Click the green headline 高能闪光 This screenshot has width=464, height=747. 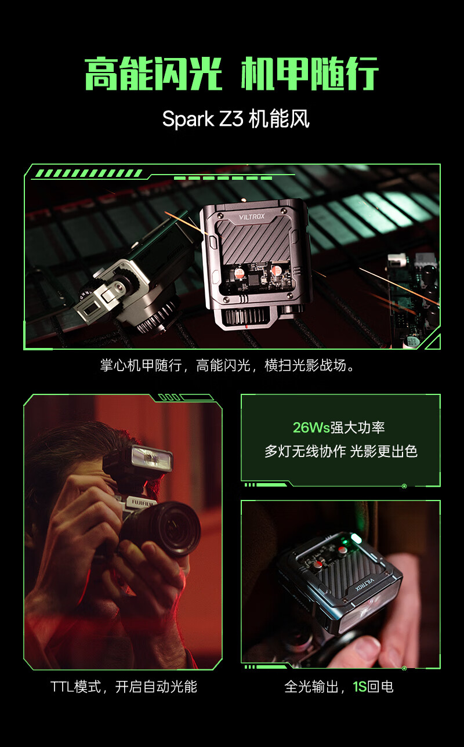click(x=154, y=74)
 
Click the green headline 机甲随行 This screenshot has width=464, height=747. click(x=310, y=74)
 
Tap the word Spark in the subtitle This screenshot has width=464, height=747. click(x=188, y=119)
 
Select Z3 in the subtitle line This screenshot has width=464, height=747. click(x=231, y=119)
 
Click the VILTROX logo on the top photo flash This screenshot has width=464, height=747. click(x=252, y=217)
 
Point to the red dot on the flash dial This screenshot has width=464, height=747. click(x=246, y=327)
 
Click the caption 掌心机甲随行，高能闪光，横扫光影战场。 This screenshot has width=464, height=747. click(x=227, y=365)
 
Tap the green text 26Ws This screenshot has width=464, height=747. click(x=311, y=427)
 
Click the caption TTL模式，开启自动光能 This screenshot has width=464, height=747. click(x=124, y=687)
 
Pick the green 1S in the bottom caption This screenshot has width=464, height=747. click(x=360, y=687)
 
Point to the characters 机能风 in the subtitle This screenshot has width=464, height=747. click(x=279, y=119)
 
